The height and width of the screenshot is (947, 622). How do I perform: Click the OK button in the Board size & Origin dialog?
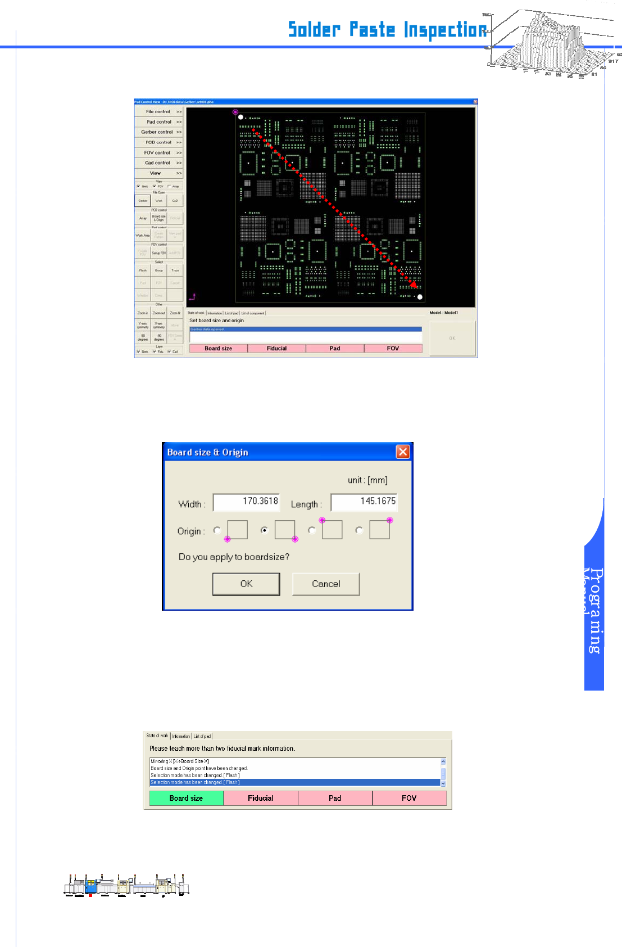tap(246, 584)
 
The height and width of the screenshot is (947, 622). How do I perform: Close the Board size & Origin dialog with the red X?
tap(403, 452)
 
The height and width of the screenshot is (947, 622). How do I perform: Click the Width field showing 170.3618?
tap(246, 502)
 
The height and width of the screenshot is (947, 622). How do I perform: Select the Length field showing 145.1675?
tap(364, 502)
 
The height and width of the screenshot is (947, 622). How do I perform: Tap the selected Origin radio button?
tap(264, 530)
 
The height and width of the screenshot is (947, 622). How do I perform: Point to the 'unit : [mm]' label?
tap(367, 480)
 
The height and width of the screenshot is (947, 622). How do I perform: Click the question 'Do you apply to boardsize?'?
tap(234, 557)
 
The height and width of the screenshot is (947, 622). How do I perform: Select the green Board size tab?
tap(186, 798)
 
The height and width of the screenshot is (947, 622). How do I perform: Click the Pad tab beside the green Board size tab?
tap(335, 798)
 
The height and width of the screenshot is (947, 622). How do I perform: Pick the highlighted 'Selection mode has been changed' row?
tap(294, 782)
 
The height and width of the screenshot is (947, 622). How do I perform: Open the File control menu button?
tap(159, 111)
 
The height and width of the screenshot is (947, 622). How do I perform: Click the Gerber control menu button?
tap(159, 132)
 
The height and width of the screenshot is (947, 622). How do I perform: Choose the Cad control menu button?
tap(159, 163)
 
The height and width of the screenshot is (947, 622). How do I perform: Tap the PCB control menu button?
tap(159, 142)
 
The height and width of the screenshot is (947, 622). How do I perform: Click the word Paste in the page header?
tap(372, 29)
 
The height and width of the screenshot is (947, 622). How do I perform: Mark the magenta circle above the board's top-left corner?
tap(235, 112)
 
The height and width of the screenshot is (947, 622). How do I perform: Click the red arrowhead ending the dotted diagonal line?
tap(413, 284)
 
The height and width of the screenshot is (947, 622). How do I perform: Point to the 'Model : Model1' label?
tap(444, 313)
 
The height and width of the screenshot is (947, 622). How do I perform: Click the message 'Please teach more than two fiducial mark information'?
tap(222, 748)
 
